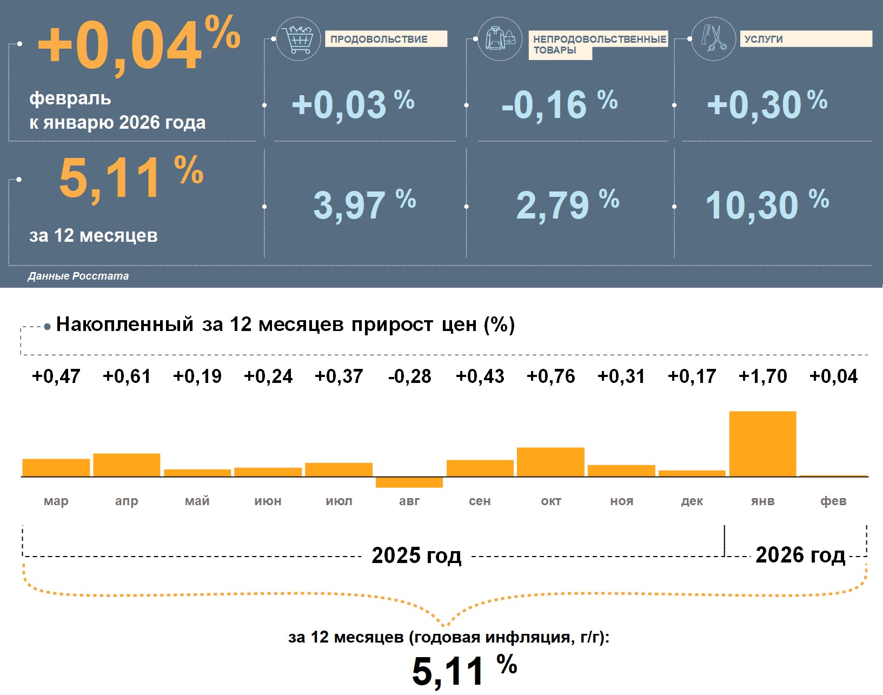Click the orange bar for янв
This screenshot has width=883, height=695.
(x=762, y=444)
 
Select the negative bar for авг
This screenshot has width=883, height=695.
(x=409, y=482)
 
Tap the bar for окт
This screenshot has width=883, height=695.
(x=550, y=462)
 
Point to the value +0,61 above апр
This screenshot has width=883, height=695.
(x=127, y=376)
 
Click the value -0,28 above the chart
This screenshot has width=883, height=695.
(x=409, y=376)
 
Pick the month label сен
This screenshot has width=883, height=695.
(x=480, y=501)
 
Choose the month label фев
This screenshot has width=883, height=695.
(x=833, y=501)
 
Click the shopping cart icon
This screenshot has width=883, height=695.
(x=298, y=39)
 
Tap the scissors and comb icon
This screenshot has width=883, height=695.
(x=713, y=38)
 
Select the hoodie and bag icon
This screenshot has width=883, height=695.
(x=500, y=39)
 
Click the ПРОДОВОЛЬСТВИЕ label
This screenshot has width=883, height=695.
(x=379, y=39)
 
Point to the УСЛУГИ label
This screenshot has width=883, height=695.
(x=764, y=39)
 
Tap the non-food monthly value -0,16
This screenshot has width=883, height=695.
(x=544, y=105)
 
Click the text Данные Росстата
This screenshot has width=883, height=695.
(x=78, y=276)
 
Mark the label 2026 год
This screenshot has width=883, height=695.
(x=800, y=555)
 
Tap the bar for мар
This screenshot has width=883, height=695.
(x=56, y=467)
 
